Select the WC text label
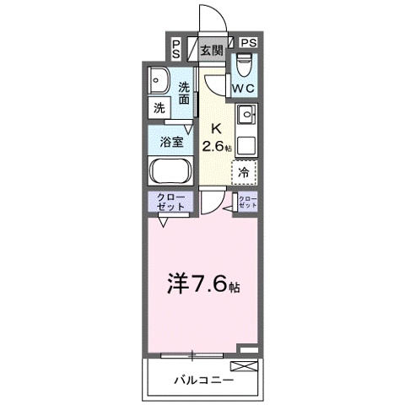[244, 88]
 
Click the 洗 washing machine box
[159, 108]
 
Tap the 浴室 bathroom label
[170, 142]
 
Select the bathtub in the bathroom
[171, 170]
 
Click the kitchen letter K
[215, 128]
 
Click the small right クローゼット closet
[247, 202]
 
